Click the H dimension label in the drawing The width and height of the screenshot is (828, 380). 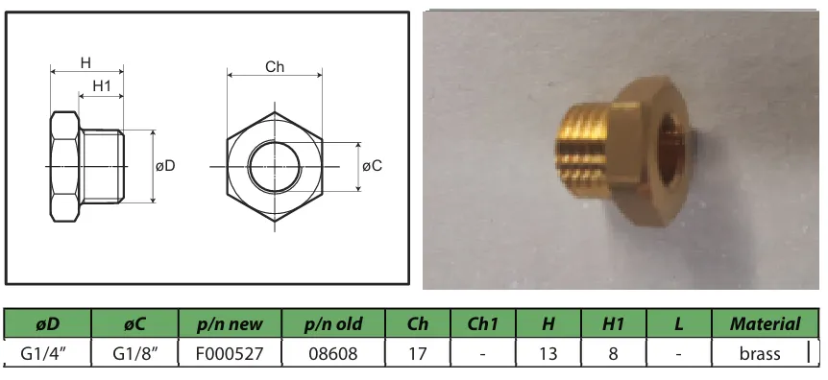click(x=85, y=63)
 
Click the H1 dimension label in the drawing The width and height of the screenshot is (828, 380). click(x=102, y=86)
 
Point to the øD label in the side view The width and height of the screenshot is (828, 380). click(x=165, y=166)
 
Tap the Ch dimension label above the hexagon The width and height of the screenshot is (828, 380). click(x=275, y=67)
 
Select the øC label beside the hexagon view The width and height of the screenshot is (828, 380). click(x=373, y=166)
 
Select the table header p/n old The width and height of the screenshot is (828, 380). click(x=333, y=324)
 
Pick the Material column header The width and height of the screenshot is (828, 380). click(x=765, y=324)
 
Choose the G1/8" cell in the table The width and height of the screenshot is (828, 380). click(x=135, y=353)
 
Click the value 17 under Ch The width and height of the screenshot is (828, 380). click(x=418, y=353)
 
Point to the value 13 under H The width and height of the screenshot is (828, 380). click(x=548, y=353)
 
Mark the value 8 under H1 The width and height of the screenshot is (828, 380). click(x=613, y=353)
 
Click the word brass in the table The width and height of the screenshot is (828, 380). click(x=760, y=353)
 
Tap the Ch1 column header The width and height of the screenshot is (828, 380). click(x=482, y=324)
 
